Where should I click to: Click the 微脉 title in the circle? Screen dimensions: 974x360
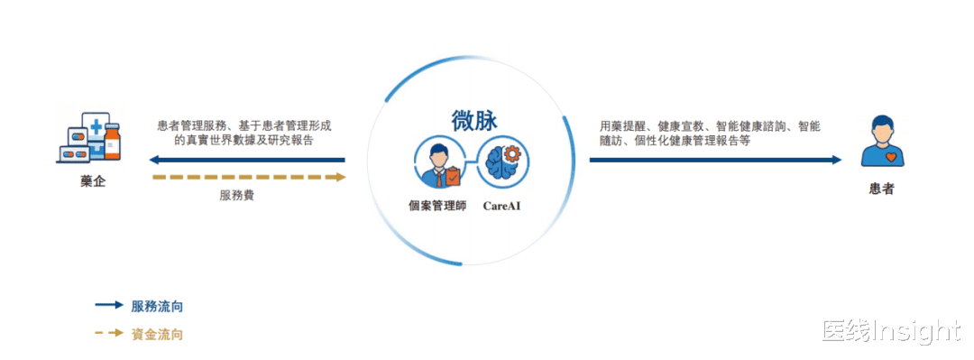coord(474,121)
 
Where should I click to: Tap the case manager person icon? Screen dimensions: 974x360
coord(438,163)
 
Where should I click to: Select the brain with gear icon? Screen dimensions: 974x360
coord(503,163)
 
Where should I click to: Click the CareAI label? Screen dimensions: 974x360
coord(501,205)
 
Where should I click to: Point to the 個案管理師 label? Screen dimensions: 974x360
coord(437,205)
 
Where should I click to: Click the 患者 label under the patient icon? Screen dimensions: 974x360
coord(881,189)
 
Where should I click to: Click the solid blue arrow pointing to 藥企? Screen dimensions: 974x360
coord(247,161)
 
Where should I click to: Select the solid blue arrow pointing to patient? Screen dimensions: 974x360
coord(715,161)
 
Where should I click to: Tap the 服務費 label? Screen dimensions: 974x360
coord(236,195)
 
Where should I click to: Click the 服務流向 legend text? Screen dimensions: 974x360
coord(157,306)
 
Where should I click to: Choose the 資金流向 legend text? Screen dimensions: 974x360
coord(157,334)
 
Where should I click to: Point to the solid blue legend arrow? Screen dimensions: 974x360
coord(109,305)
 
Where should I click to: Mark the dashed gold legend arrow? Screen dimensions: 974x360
coord(109,333)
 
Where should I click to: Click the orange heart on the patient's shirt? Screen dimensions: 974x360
coord(891,157)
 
